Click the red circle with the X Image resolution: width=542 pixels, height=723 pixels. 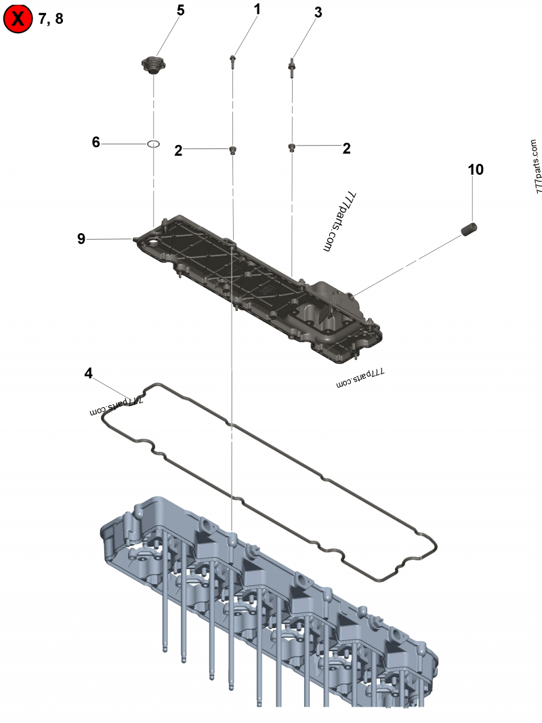tap(18, 19)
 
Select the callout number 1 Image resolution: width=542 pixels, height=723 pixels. tap(257, 9)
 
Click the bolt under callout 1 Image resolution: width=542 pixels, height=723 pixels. tap(233, 63)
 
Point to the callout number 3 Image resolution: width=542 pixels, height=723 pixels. tap(318, 12)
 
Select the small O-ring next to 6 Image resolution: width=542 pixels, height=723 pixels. tap(154, 144)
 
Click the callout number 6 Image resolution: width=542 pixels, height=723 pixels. tap(96, 142)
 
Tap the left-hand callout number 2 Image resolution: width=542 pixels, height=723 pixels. tap(178, 151)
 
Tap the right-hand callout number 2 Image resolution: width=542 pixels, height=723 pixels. tap(346, 148)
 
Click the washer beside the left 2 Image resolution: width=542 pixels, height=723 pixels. tap(233, 150)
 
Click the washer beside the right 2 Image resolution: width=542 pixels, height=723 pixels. tap(292, 147)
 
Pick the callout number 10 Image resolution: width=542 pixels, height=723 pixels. tap(476, 169)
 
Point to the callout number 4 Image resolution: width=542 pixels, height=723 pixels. tap(89, 373)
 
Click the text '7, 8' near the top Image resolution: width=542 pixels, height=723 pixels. tap(51, 19)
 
